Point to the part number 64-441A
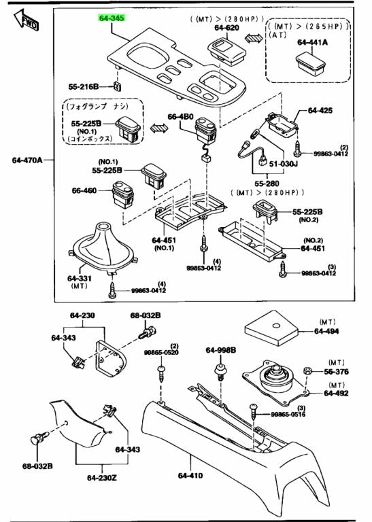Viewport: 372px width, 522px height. pos(312,42)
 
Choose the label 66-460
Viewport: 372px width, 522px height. pos(86,191)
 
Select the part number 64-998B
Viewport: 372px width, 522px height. pos(221,350)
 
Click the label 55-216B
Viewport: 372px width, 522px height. pos(84,87)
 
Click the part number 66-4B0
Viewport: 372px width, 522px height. pos(180,116)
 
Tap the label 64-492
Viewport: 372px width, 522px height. pos(337,393)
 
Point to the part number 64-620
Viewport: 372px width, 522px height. pos(226,28)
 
